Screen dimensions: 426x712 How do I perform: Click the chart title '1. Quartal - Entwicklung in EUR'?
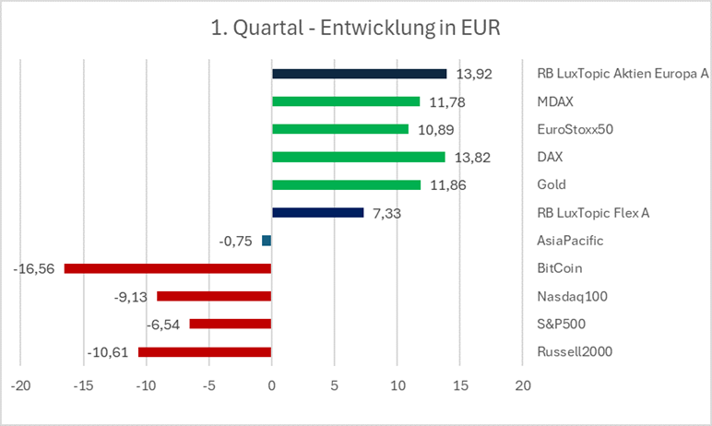coord(355,28)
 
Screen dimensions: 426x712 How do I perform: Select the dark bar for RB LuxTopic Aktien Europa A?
coord(359,74)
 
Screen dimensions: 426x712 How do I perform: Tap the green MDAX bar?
coord(346,101)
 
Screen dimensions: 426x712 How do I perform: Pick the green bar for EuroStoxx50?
coord(340,129)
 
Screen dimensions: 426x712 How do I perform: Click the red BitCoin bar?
coord(167,268)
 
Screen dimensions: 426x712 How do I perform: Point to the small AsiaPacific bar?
coord(267,241)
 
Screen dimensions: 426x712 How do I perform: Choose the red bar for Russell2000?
coord(205,352)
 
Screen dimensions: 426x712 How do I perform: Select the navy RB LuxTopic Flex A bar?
coord(318,213)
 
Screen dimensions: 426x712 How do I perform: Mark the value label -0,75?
coord(236,242)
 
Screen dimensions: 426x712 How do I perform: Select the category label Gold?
coord(552,185)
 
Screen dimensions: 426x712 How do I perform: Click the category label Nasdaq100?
coord(565,297)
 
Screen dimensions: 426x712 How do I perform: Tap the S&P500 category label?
coord(560,325)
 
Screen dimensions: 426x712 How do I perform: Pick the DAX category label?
coord(551,158)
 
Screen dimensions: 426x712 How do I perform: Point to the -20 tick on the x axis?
coord(19,385)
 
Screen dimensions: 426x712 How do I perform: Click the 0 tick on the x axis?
coord(271,385)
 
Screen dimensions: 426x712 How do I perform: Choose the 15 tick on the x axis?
coord(460,385)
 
